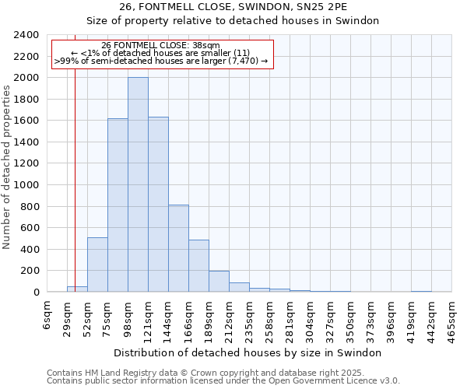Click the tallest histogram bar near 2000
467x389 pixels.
point(138,185)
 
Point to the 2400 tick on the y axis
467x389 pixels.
point(26,35)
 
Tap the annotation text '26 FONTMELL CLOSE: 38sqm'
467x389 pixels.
point(161,46)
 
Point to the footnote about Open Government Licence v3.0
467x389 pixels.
point(223,381)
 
